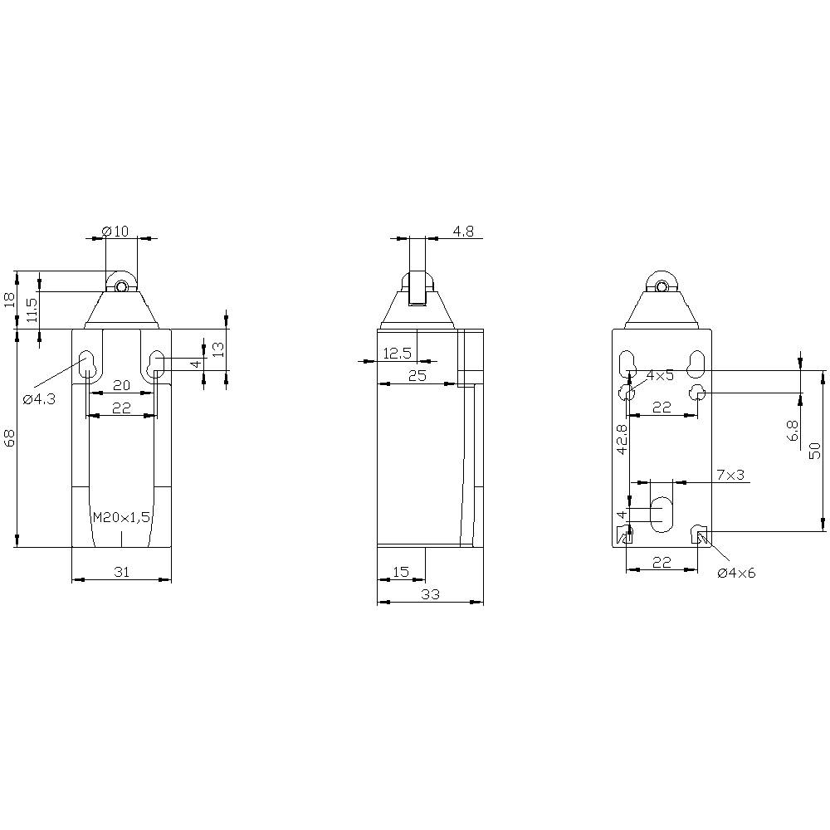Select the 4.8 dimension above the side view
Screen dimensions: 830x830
[x=463, y=232]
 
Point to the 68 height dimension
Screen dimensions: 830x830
[x=10, y=437]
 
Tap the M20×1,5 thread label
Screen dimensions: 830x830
[x=121, y=517]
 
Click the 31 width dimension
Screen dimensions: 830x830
[x=121, y=572]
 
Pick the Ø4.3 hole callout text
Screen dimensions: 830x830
[x=39, y=399]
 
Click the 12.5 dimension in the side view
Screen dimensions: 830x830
[x=397, y=354]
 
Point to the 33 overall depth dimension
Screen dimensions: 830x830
[x=430, y=593]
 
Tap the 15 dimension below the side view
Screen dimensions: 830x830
[x=400, y=572]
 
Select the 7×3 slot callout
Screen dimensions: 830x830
[x=730, y=475]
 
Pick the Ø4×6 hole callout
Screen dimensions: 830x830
[x=737, y=573]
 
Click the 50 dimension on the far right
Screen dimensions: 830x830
[x=815, y=450]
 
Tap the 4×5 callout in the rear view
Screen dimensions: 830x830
[x=661, y=376]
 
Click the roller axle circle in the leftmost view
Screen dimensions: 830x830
[x=121, y=287]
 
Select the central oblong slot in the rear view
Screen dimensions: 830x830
[x=662, y=515]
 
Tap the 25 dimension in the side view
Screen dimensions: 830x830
[x=417, y=376]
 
